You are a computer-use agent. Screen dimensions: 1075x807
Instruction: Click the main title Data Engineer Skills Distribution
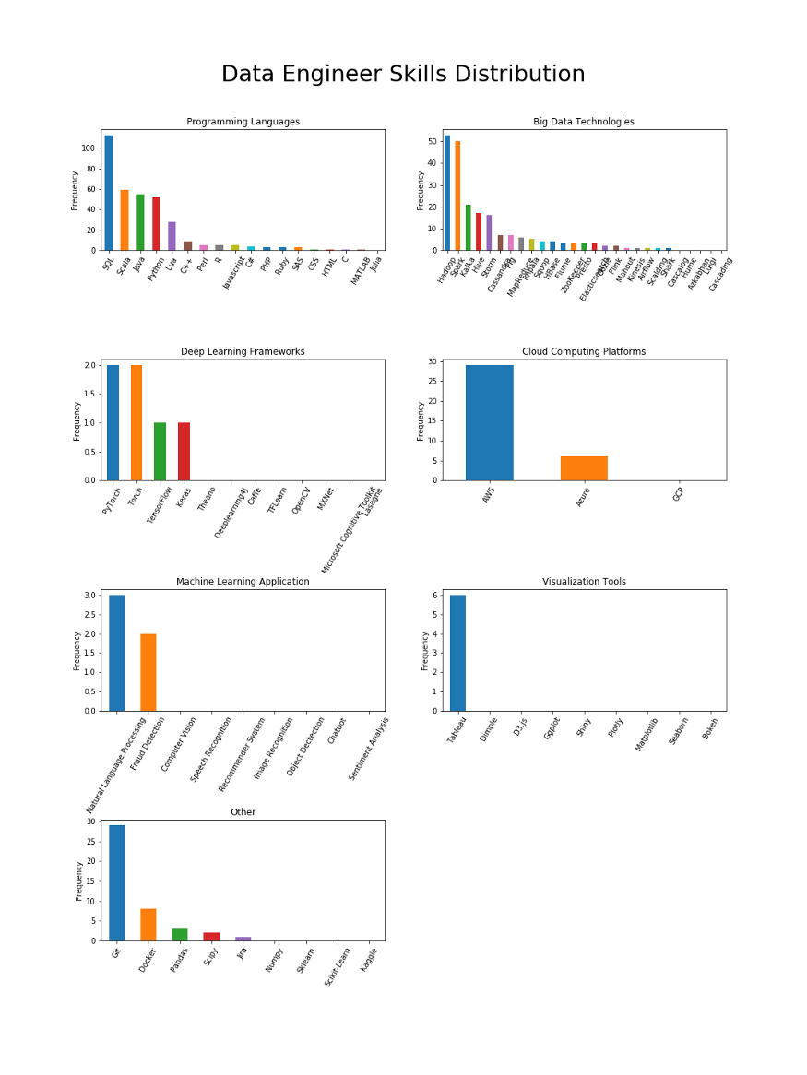pos(403,75)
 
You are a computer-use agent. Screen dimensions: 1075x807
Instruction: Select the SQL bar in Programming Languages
pos(109,193)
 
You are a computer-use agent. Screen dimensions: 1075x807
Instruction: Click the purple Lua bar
pos(172,236)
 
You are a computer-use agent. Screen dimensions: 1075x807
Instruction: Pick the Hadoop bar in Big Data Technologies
pos(447,193)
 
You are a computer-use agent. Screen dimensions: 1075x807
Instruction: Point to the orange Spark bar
pos(457,195)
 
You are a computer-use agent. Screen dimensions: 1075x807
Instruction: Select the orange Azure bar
pos(584,468)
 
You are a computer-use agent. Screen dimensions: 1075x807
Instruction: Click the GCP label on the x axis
pos(679,494)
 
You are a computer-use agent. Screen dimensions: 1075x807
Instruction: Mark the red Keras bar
pos(184,452)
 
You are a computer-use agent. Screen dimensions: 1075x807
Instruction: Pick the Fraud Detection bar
pos(148,672)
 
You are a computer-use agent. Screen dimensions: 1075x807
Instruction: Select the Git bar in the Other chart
pos(117,882)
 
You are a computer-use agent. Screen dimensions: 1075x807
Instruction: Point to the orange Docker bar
pos(148,925)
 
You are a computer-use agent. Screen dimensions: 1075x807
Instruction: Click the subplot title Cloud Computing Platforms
pos(584,351)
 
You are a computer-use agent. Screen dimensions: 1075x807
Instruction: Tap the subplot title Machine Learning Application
pos(243,582)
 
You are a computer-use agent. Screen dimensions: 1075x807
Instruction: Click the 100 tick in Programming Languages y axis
pos(89,148)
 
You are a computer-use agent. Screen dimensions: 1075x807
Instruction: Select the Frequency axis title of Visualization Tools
pos(425,650)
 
